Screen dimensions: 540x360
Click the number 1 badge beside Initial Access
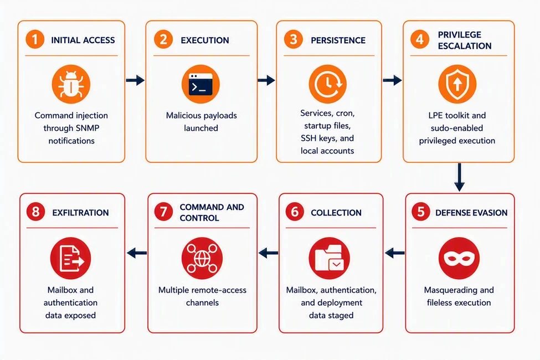35,39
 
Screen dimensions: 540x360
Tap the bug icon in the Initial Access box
71,84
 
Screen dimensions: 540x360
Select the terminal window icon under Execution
200,84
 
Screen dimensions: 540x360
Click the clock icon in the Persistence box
327,84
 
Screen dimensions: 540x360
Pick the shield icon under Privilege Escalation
457,84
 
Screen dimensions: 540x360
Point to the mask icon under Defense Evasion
459,258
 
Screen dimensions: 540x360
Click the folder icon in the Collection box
329,258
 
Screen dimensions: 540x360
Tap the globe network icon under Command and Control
202,258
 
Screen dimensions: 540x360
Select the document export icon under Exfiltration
70,258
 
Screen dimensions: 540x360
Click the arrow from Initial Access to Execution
135,80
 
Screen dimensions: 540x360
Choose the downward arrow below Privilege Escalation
459,177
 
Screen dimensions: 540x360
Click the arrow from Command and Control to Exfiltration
137,253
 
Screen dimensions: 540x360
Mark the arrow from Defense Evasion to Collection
395,253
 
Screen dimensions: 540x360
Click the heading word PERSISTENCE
338,40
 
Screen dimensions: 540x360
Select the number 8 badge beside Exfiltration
35,212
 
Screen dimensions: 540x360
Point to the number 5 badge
421,212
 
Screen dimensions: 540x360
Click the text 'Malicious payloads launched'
201,122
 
